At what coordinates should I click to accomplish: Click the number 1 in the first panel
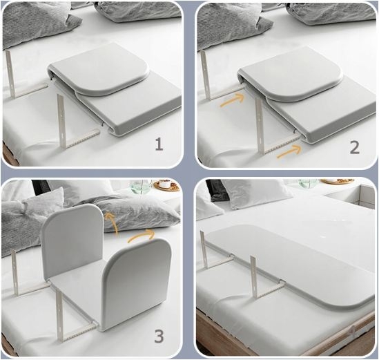[159, 145]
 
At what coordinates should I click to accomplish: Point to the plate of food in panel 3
[164, 184]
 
